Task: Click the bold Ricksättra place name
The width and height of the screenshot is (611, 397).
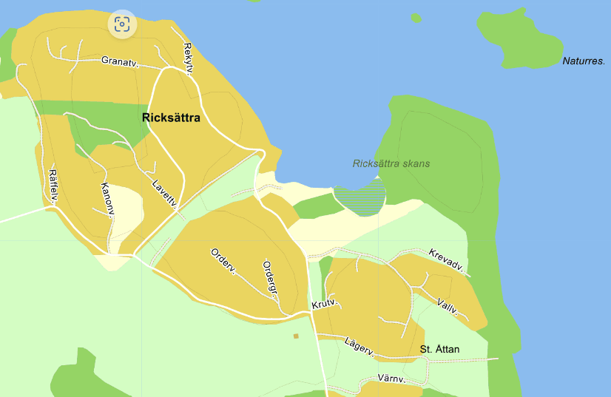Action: click(171, 117)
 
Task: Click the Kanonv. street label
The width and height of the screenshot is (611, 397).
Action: click(107, 200)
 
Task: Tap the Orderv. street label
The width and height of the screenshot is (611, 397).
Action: click(223, 260)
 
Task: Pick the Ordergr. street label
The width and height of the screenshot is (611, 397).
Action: click(270, 277)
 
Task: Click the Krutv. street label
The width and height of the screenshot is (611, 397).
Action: click(325, 305)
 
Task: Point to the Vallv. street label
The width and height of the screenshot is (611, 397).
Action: click(448, 307)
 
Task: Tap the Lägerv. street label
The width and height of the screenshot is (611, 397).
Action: click(361, 345)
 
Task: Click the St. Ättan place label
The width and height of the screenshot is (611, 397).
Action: click(439, 349)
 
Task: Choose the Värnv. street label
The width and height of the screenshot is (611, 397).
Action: click(392, 379)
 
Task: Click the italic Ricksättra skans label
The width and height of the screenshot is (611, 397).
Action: click(391, 163)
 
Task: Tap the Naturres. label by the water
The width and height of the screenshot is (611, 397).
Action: click(584, 61)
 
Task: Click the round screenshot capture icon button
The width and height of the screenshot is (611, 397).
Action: click(122, 24)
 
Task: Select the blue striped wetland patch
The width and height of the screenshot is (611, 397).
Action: click(360, 198)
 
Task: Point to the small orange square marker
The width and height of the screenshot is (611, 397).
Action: click(296, 336)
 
